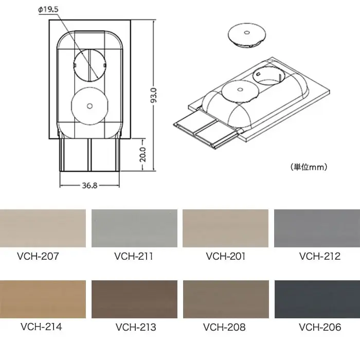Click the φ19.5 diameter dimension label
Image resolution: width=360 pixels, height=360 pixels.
(48, 10)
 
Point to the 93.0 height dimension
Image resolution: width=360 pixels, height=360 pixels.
(154, 95)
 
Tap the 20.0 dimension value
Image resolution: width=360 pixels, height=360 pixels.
(143, 154)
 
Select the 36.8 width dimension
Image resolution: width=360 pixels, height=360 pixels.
(90, 185)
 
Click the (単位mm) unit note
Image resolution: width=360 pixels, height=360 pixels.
(309, 167)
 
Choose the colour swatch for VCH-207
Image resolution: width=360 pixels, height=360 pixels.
(43, 228)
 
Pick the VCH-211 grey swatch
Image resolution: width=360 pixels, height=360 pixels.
(134, 228)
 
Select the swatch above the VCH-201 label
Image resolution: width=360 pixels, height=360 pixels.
(225, 228)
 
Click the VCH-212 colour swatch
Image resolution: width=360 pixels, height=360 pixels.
(317, 228)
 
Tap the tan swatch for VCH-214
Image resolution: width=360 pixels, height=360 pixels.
(43, 299)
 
